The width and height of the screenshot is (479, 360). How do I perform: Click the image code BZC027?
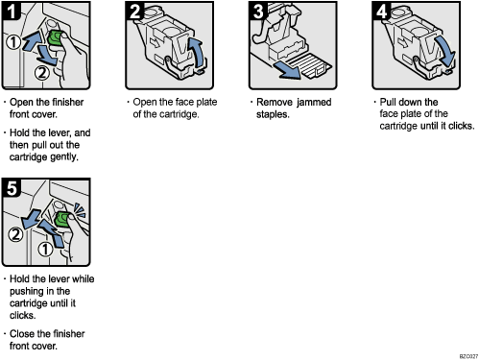pyautogui.click(x=462, y=355)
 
